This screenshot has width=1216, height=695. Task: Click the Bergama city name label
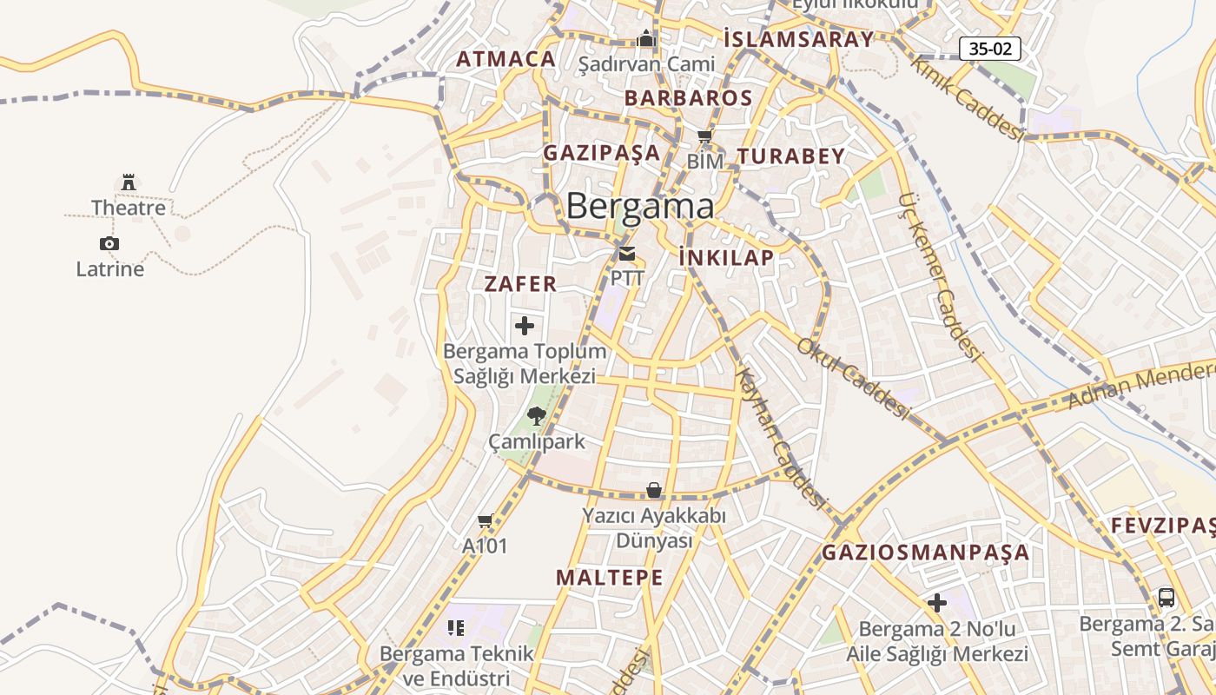[640, 207]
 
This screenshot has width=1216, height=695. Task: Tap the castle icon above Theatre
[129, 182]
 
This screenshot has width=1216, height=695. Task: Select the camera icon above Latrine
[109, 243]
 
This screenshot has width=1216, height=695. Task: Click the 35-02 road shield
[990, 49]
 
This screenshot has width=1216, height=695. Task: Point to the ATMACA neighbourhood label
[506, 59]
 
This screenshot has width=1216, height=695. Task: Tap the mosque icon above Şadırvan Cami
[646, 39]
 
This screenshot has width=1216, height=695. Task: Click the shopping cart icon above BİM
[705, 136]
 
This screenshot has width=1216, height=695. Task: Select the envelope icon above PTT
[627, 254]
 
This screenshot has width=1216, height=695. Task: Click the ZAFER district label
[520, 284]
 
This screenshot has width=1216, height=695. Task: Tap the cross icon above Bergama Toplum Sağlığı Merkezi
[525, 326]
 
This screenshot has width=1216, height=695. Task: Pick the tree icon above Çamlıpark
[537, 416]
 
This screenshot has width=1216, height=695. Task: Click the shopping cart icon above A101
[486, 521]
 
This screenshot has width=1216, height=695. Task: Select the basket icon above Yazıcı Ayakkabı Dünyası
[654, 491]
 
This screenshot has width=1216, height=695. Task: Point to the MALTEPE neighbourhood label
[610, 578]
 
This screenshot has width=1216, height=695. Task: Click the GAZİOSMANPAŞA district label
[926, 553]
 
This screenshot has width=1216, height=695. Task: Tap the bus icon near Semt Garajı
[1166, 598]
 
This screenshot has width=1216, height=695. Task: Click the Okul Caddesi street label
[851, 379]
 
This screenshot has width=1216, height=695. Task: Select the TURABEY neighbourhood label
[790, 156]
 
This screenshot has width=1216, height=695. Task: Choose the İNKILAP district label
[726, 258]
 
